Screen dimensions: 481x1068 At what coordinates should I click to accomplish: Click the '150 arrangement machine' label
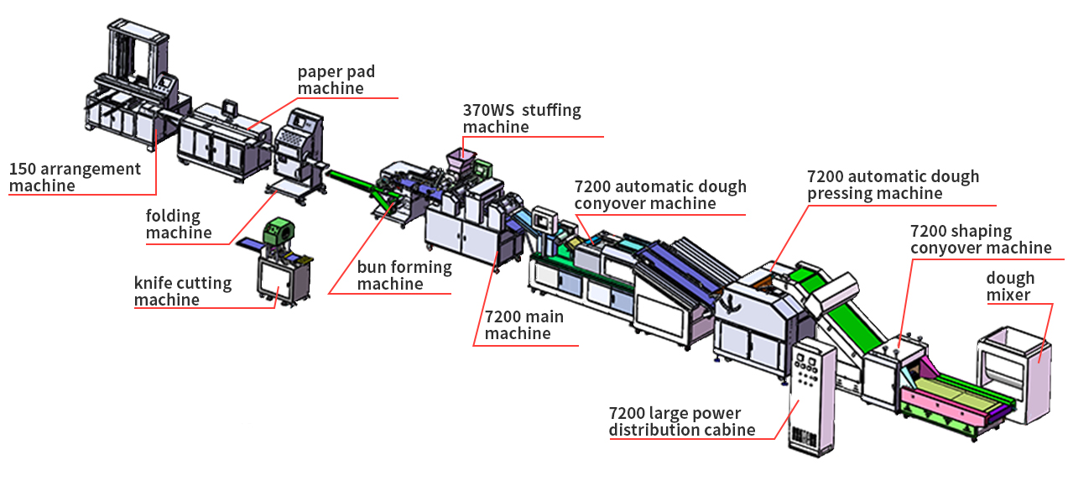pyautogui.click(x=75, y=177)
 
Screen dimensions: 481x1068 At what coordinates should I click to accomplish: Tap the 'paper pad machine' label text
pyautogui.click(x=336, y=80)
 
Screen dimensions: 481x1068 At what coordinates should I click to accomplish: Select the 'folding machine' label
pyautogui.click(x=179, y=224)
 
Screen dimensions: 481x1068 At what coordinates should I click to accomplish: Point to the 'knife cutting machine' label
pyautogui.click(x=183, y=290)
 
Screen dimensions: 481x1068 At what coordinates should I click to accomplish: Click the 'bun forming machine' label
pyautogui.click(x=404, y=275)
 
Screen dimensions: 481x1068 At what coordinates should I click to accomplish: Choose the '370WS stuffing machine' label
pyautogui.click(x=522, y=118)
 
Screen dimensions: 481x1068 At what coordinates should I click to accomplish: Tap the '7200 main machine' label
pyautogui.click(x=524, y=325)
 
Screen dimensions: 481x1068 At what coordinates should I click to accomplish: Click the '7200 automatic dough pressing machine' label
pyautogui.click(x=893, y=186)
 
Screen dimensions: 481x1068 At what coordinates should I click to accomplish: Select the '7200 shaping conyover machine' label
pyautogui.click(x=981, y=239)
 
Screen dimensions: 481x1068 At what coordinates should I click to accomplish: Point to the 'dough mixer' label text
pyautogui.click(x=1010, y=286)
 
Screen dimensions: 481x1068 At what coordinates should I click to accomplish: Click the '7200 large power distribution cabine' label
pyautogui.click(x=682, y=421)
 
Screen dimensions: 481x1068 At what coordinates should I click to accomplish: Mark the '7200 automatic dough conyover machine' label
pyautogui.click(x=660, y=195)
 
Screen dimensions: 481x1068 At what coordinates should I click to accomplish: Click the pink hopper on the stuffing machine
pyautogui.click(x=460, y=157)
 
